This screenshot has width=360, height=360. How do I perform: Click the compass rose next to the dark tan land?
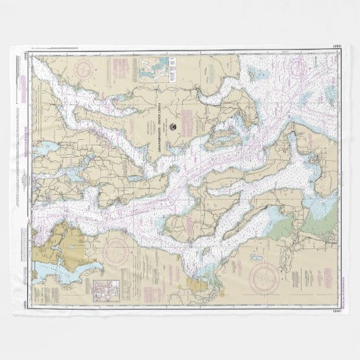pyautogui.click(x=116, y=251)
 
